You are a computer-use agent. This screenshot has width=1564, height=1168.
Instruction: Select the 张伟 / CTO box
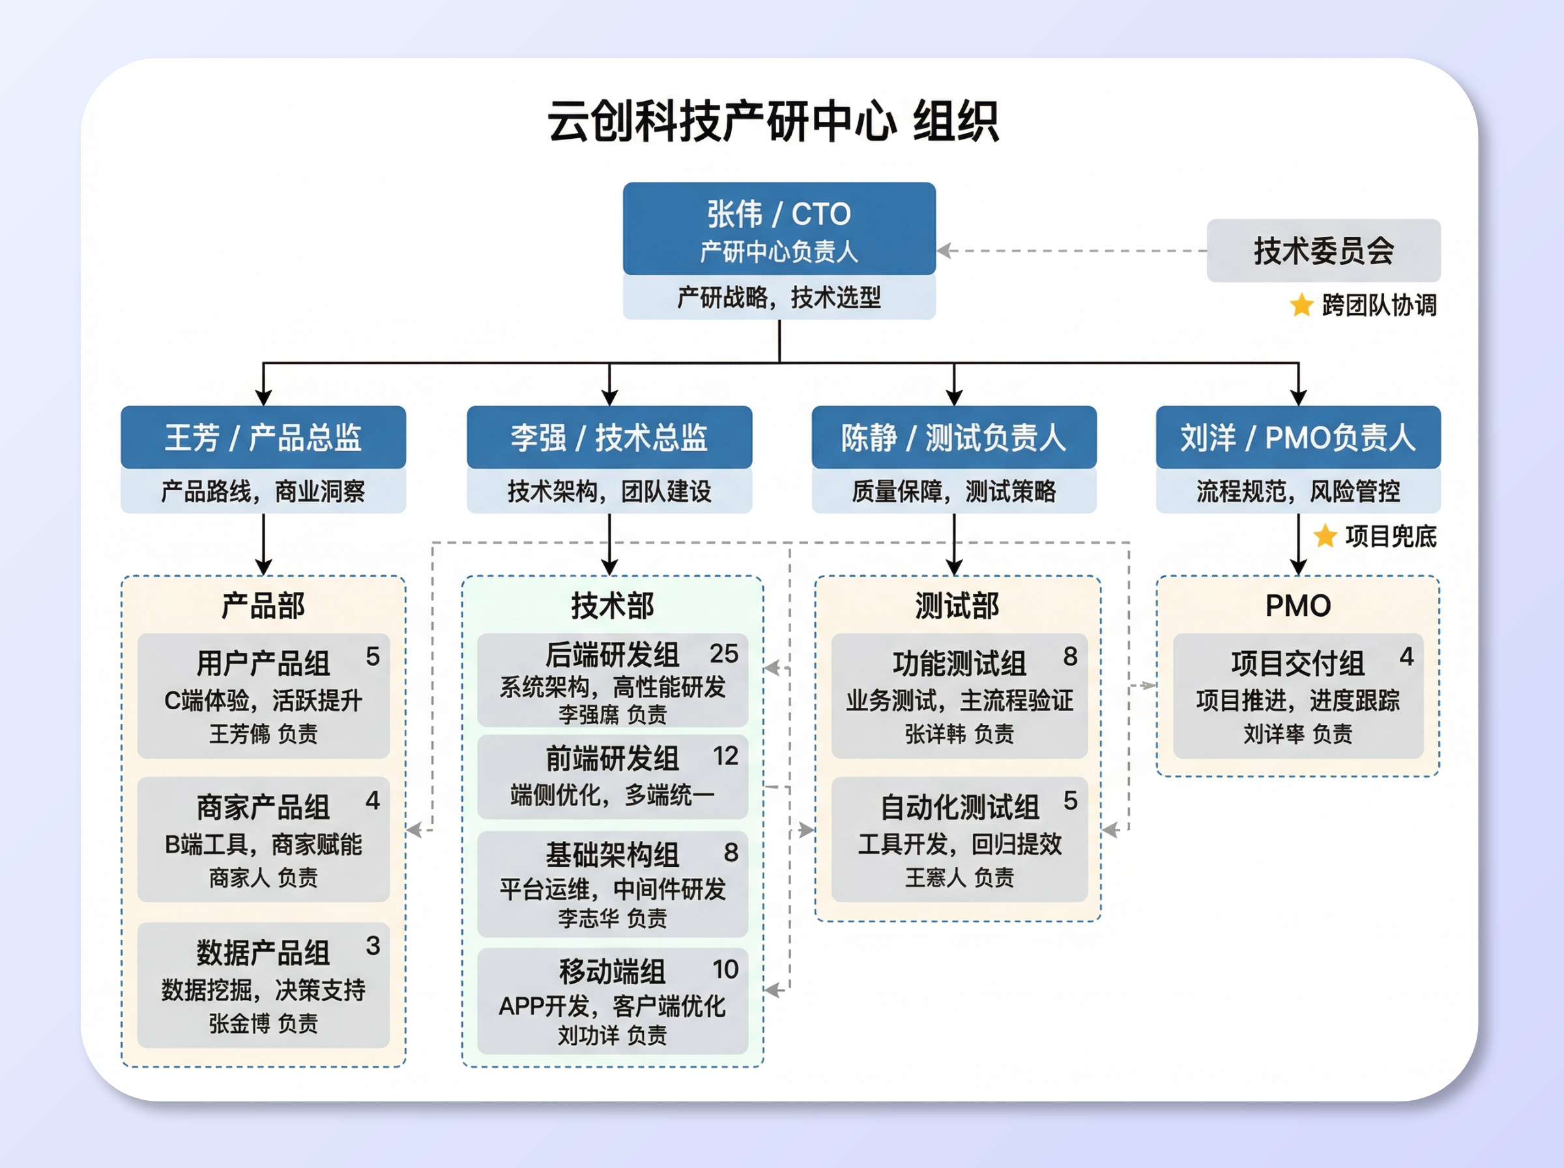pyautogui.click(x=779, y=228)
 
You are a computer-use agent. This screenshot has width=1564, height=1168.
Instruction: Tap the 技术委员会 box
pyautogui.click(x=1323, y=251)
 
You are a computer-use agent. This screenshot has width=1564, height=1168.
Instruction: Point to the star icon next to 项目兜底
pyautogui.click(x=1324, y=536)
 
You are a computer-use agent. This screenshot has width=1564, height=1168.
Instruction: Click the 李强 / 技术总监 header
pyautogui.click(x=609, y=437)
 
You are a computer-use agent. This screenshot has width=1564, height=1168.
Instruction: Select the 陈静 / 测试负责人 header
pyautogui.click(x=953, y=437)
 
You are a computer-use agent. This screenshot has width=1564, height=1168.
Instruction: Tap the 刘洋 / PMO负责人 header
pyautogui.click(x=1297, y=437)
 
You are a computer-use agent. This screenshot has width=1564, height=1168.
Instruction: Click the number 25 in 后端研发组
pyautogui.click(x=724, y=654)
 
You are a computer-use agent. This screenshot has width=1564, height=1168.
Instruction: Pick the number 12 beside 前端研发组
pyautogui.click(x=725, y=757)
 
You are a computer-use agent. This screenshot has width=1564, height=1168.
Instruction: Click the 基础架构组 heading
pyautogui.click(x=612, y=854)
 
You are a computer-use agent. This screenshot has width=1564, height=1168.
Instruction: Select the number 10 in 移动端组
pyautogui.click(x=725, y=969)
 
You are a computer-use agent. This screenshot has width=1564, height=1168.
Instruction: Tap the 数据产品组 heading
pyautogui.click(x=263, y=952)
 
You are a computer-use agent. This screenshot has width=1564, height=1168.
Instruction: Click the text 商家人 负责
pyautogui.click(x=263, y=877)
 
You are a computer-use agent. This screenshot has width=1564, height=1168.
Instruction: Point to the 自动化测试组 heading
pyautogui.click(x=959, y=807)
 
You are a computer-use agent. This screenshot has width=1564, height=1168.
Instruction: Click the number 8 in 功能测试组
pyautogui.click(x=1070, y=657)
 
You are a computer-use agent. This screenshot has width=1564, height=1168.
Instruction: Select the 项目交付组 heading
pyautogui.click(x=1297, y=663)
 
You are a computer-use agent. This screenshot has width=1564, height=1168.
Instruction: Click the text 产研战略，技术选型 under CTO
pyautogui.click(x=779, y=298)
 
